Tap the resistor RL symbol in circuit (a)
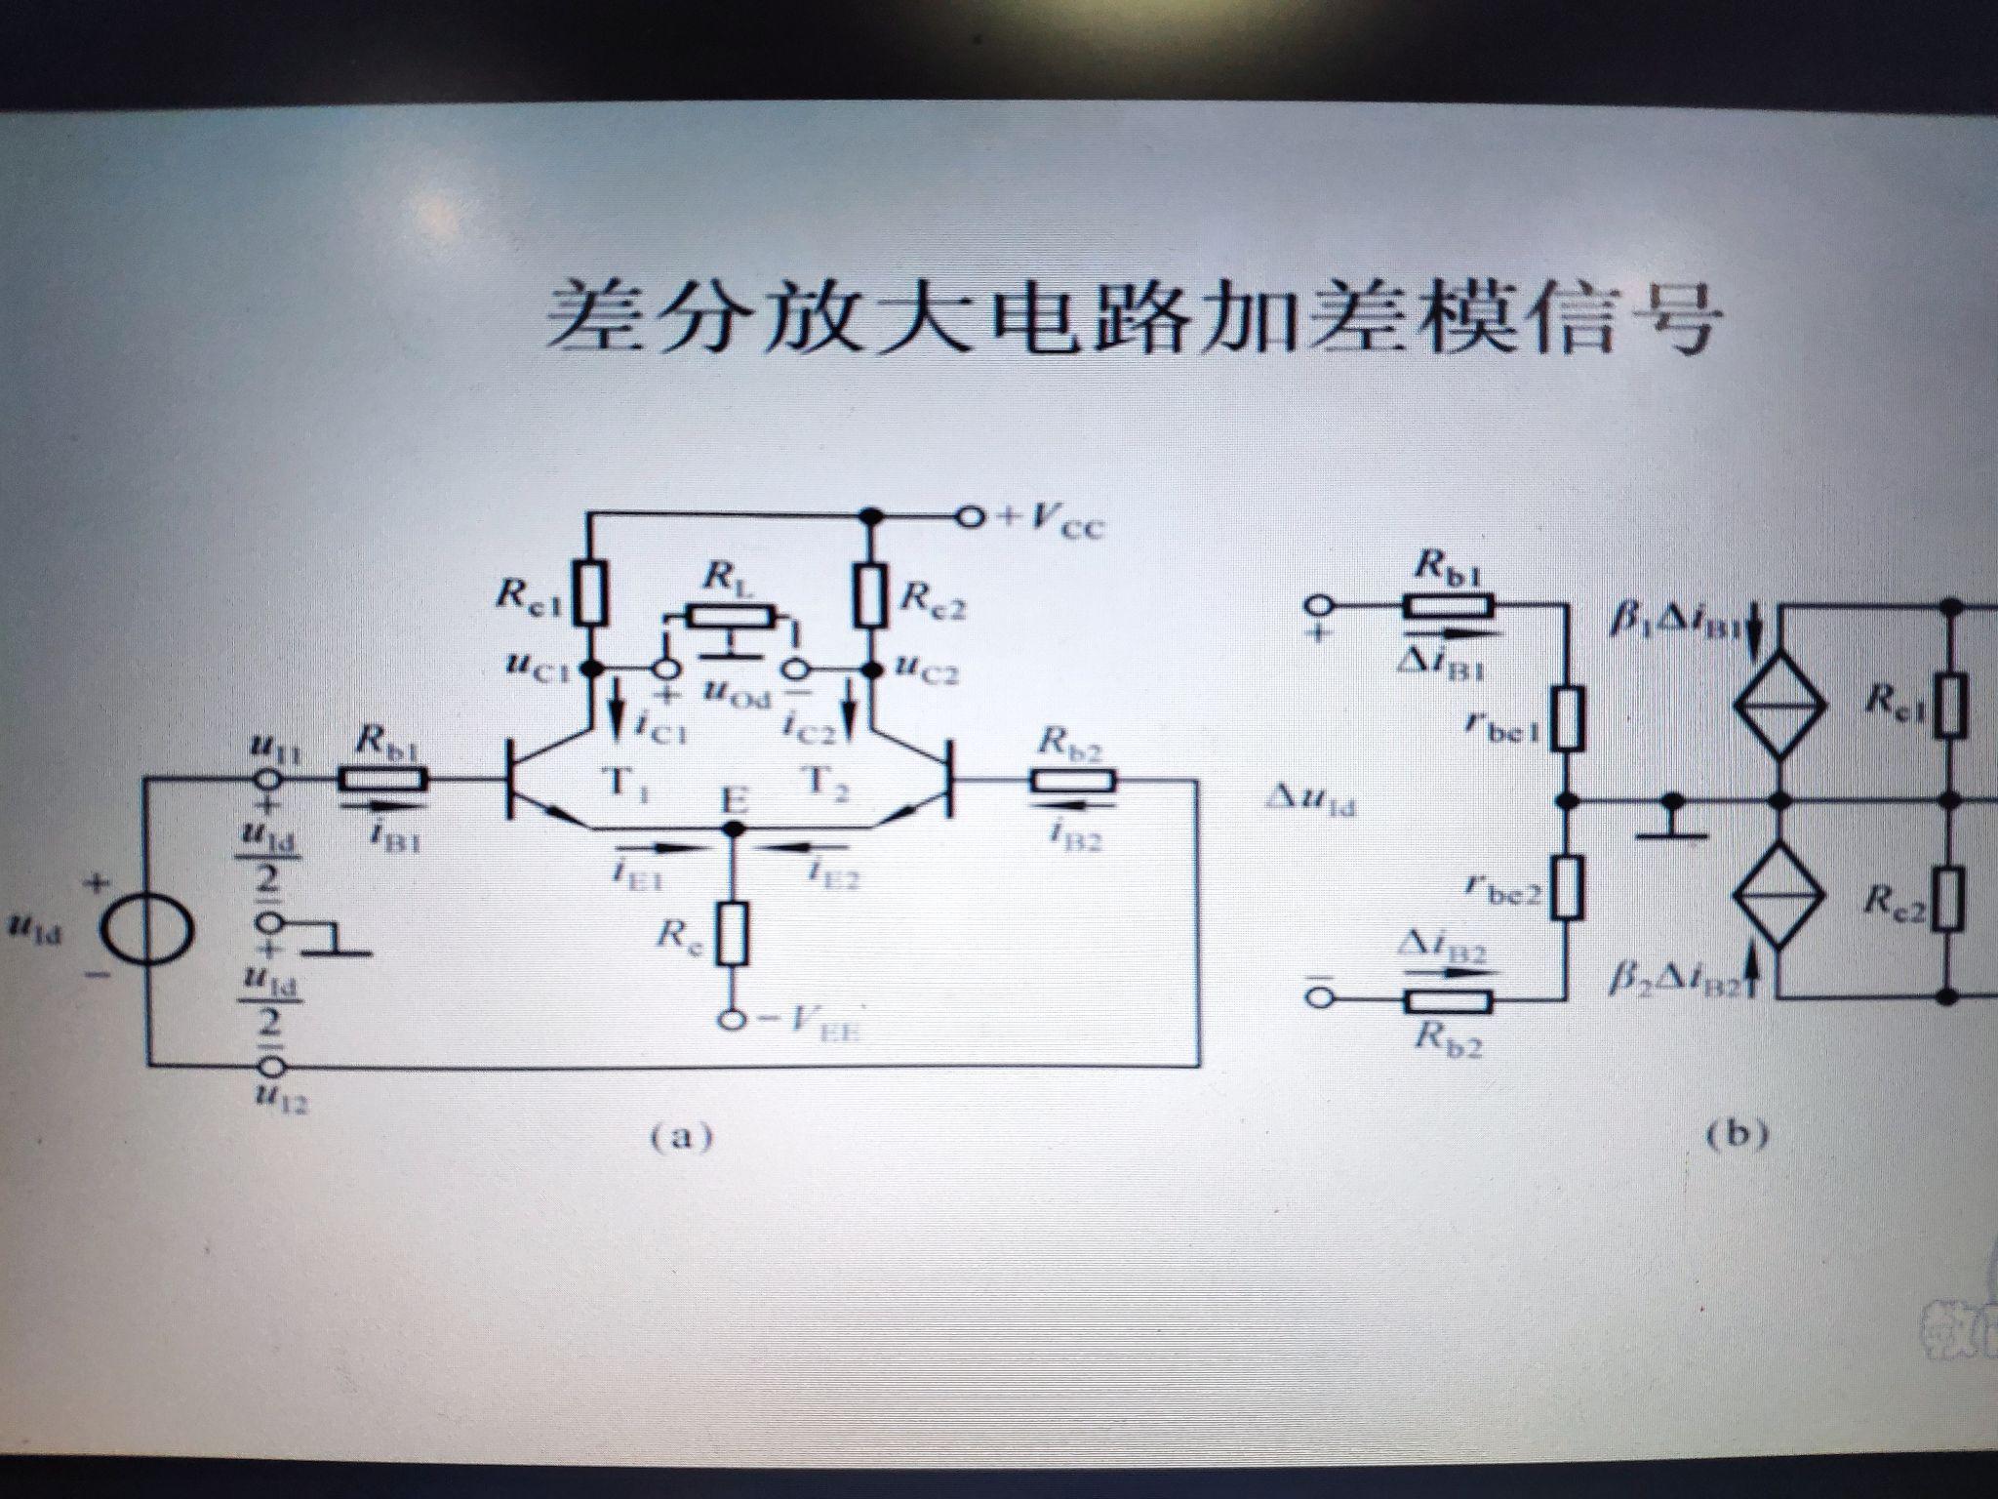click(731, 617)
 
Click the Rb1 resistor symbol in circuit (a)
click(382, 780)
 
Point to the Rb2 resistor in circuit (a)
click(1072, 780)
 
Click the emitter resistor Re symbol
click(733, 933)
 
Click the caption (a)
click(681, 1138)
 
